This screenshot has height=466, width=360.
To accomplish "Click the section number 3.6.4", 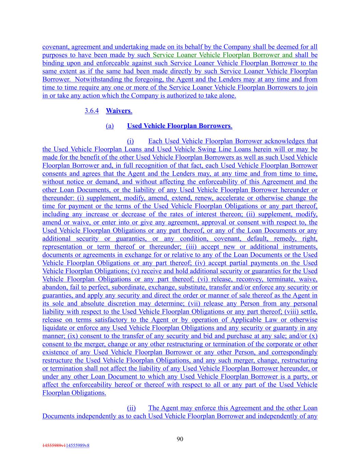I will pyautogui.click(x=91, y=111).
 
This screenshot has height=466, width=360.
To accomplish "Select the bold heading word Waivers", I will pyautogui.click(x=118, y=111).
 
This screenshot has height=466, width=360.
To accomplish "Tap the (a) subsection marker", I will pyautogui.click(x=110, y=126).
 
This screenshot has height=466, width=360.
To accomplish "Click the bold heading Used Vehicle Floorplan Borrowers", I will pyautogui.click(x=179, y=126).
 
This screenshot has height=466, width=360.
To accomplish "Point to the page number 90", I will pyautogui.click(x=180, y=439).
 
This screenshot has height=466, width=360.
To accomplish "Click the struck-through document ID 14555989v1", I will pyautogui.click(x=54, y=446).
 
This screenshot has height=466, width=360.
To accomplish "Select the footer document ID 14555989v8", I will pyautogui.click(x=77, y=446).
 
